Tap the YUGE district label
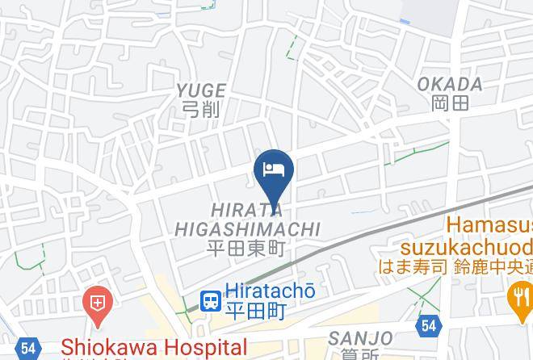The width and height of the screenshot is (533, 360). click(199, 90)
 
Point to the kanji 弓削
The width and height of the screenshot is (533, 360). click(199, 109)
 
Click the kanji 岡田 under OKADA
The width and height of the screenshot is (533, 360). click(450, 103)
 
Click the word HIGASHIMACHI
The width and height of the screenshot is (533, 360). click(246, 230)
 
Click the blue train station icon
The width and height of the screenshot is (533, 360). click(211, 301)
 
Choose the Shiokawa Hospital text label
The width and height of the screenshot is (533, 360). click(154, 348)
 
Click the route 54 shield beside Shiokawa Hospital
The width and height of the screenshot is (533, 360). click(29, 348)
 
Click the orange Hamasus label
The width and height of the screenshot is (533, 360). click(489, 224)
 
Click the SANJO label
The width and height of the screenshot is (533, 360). click(361, 337)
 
